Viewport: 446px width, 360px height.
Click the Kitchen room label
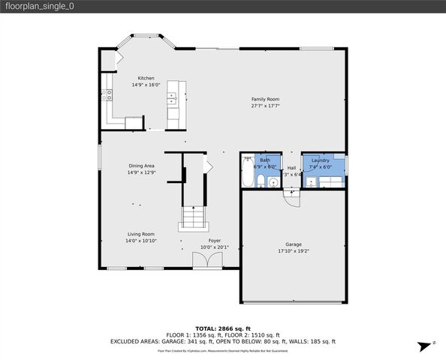[145, 78]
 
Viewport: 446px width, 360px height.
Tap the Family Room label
[265, 99]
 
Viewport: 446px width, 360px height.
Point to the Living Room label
[140, 233]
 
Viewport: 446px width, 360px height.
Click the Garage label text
[293, 244]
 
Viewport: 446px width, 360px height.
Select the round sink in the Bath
[273, 182]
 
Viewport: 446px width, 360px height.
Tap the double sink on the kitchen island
[172, 95]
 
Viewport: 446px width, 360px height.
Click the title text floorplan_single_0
[37, 6]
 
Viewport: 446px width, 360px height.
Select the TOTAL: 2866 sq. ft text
[223, 328]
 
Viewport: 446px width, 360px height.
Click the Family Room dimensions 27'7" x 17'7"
[265, 106]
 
